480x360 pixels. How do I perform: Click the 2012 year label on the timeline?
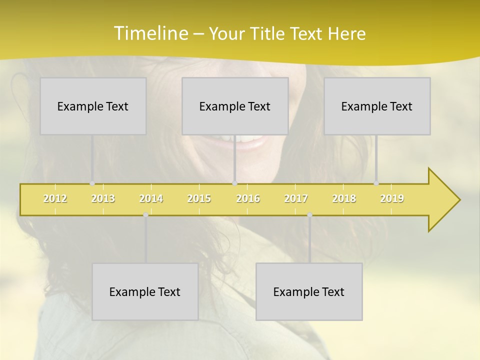click(x=55, y=198)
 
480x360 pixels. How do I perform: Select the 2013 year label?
click(x=103, y=198)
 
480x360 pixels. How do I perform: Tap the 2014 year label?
click(x=151, y=198)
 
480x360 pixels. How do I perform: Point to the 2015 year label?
click(x=199, y=198)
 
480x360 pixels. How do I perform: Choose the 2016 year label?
click(x=248, y=198)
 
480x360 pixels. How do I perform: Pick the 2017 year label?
click(x=296, y=198)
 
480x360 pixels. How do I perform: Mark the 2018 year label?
click(x=344, y=198)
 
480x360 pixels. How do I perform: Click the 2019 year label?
click(x=392, y=198)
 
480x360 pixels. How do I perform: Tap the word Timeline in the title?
click(x=150, y=33)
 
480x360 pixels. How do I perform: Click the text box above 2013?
click(x=93, y=106)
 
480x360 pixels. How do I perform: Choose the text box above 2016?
click(x=235, y=106)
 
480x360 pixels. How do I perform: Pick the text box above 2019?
click(x=377, y=106)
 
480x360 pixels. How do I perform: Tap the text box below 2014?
click(x=145, y=291)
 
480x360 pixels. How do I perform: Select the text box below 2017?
click(x=309, y=291)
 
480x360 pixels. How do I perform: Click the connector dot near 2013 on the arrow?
click(x=92, y=183)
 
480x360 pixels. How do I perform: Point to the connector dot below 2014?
click(x=145, y=214)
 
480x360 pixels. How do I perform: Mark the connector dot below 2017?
click(x=309, y=214)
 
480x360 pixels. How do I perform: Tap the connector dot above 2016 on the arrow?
click(x=234, y=183)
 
